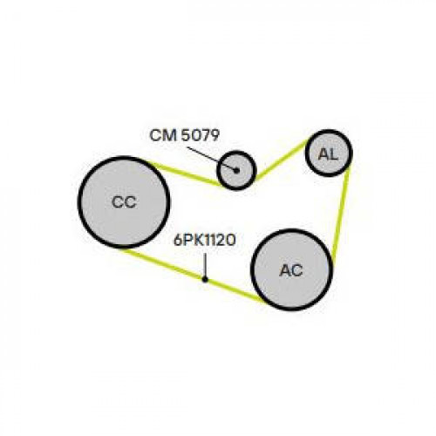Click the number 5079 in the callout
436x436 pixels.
[200, 135]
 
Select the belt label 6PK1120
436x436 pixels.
[204, 241]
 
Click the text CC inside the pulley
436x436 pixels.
[124, 202]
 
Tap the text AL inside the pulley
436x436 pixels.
[329, 154]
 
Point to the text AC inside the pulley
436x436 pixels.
[291, 270]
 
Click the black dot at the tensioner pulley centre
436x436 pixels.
[236, 171]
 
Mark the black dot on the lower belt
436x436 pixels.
[205, 279]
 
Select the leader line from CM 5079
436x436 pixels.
[212, 159]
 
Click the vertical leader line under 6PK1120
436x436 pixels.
[205, 265]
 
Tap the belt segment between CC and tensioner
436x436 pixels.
[186, 174]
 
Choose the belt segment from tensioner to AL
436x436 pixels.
[281, 160]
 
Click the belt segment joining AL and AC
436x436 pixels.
[341, 215]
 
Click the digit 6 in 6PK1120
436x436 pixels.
[178, 241]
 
